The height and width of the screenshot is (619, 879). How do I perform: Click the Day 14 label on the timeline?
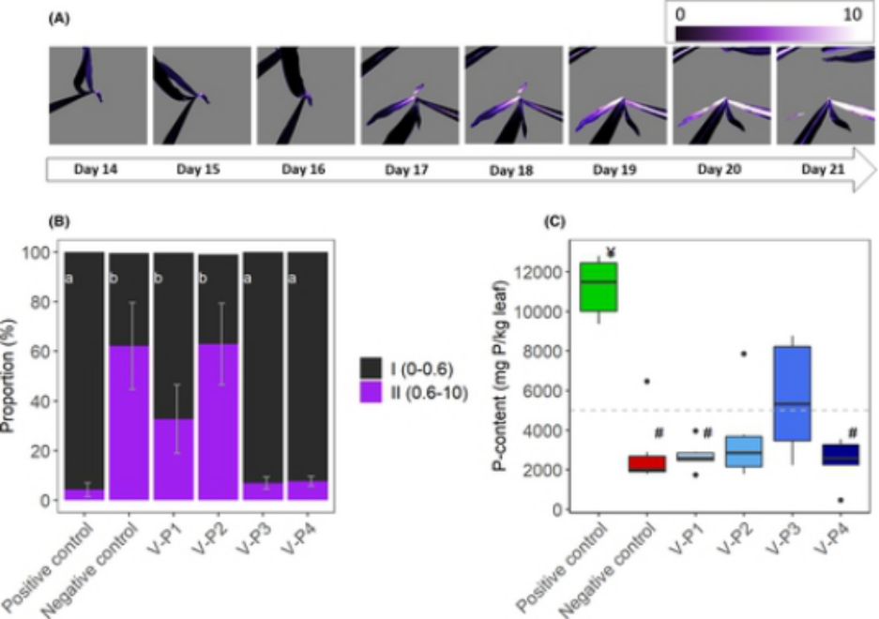[97, 170]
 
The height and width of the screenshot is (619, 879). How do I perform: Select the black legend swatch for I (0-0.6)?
[378, 361]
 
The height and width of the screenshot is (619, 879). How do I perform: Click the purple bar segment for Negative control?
[129, 423]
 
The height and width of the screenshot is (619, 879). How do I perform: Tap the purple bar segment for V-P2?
[218, 422]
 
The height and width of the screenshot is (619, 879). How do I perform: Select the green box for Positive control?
[598, 287]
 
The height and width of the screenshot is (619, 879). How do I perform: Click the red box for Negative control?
[647, 464]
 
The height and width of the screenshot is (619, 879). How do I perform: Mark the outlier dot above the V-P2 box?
[743, 354]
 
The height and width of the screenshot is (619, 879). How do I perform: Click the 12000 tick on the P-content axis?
[549, 272]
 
